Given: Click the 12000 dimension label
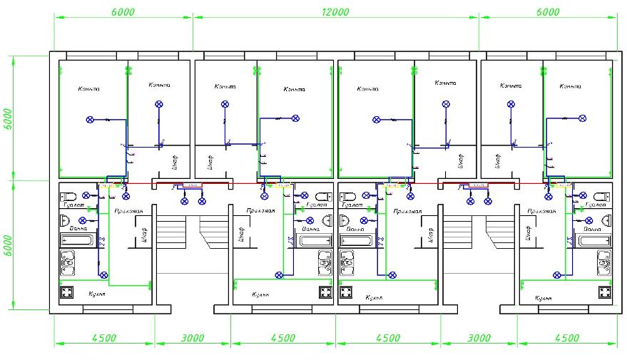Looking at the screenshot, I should point(335,12).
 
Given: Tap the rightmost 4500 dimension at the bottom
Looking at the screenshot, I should point(566,338).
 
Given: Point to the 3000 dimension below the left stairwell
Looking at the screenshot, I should point(192,338).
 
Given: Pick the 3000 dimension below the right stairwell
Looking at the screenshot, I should point(478,338).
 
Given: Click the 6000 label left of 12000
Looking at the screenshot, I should point(123,12).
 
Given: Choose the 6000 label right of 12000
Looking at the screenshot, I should point(548,12).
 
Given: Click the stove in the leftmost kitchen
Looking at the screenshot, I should point(68,292).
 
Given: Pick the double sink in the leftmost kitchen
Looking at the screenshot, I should point(68,264).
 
